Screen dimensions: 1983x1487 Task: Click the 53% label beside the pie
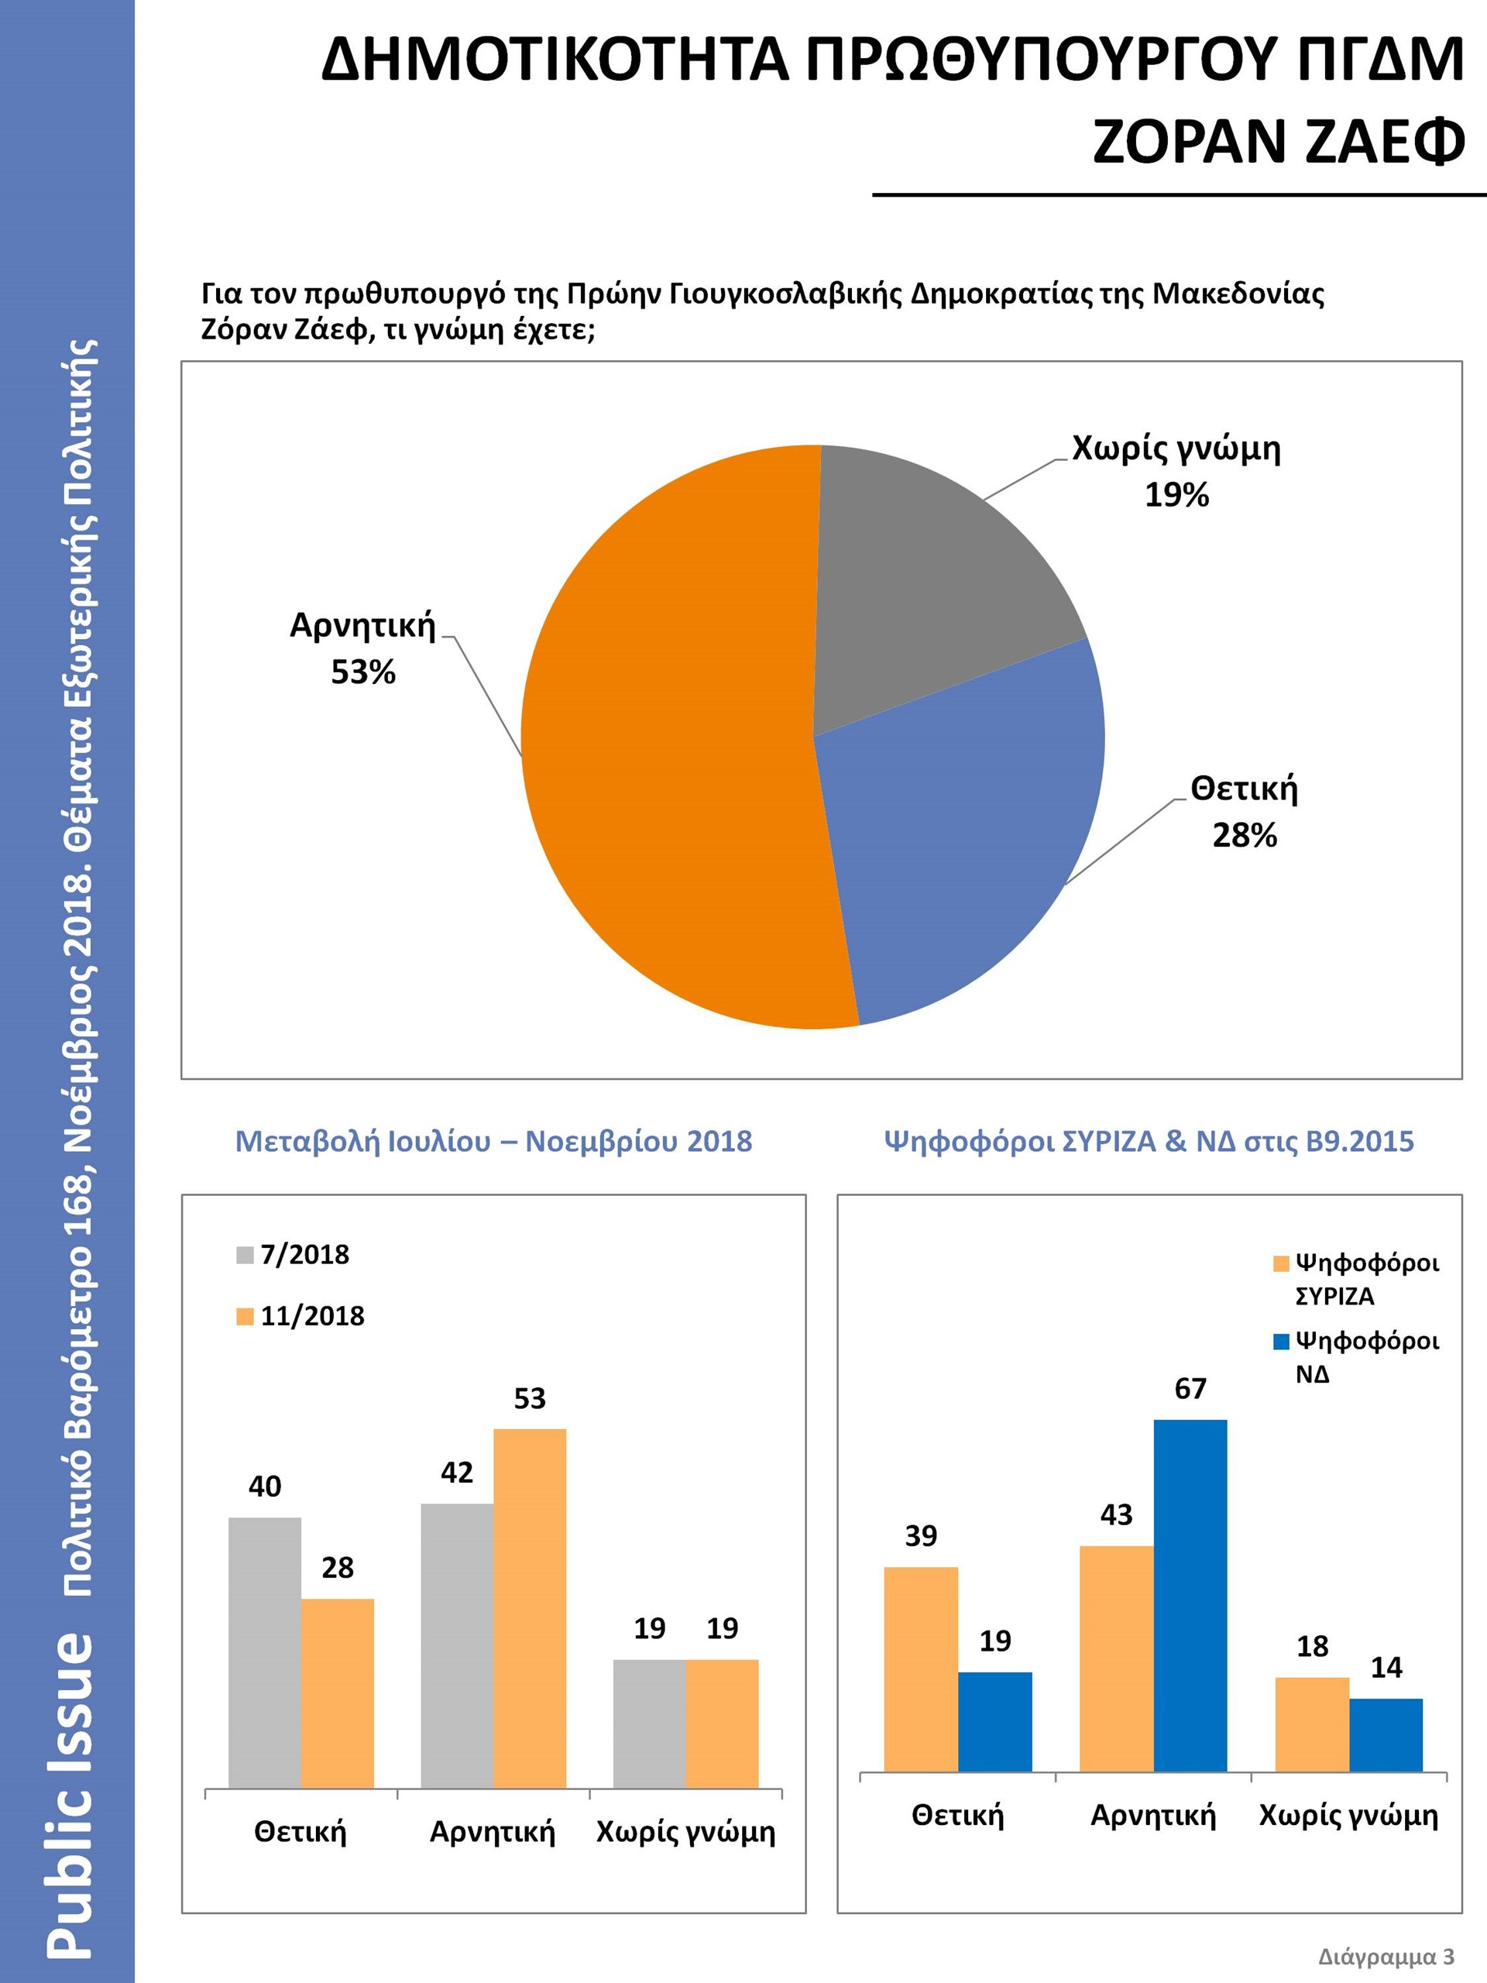363,672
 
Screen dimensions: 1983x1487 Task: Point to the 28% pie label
1244,836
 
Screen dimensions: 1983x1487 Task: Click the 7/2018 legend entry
293,1254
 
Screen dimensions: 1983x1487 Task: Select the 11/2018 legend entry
300,1316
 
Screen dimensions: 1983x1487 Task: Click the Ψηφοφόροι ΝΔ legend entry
1355,1357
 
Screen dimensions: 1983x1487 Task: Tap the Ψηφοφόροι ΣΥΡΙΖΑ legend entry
1355,1280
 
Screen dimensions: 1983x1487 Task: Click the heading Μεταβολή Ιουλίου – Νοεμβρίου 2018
493,1141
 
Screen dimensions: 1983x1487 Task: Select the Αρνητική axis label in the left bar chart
492,1830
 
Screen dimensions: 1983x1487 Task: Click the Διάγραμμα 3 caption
1386,1956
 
